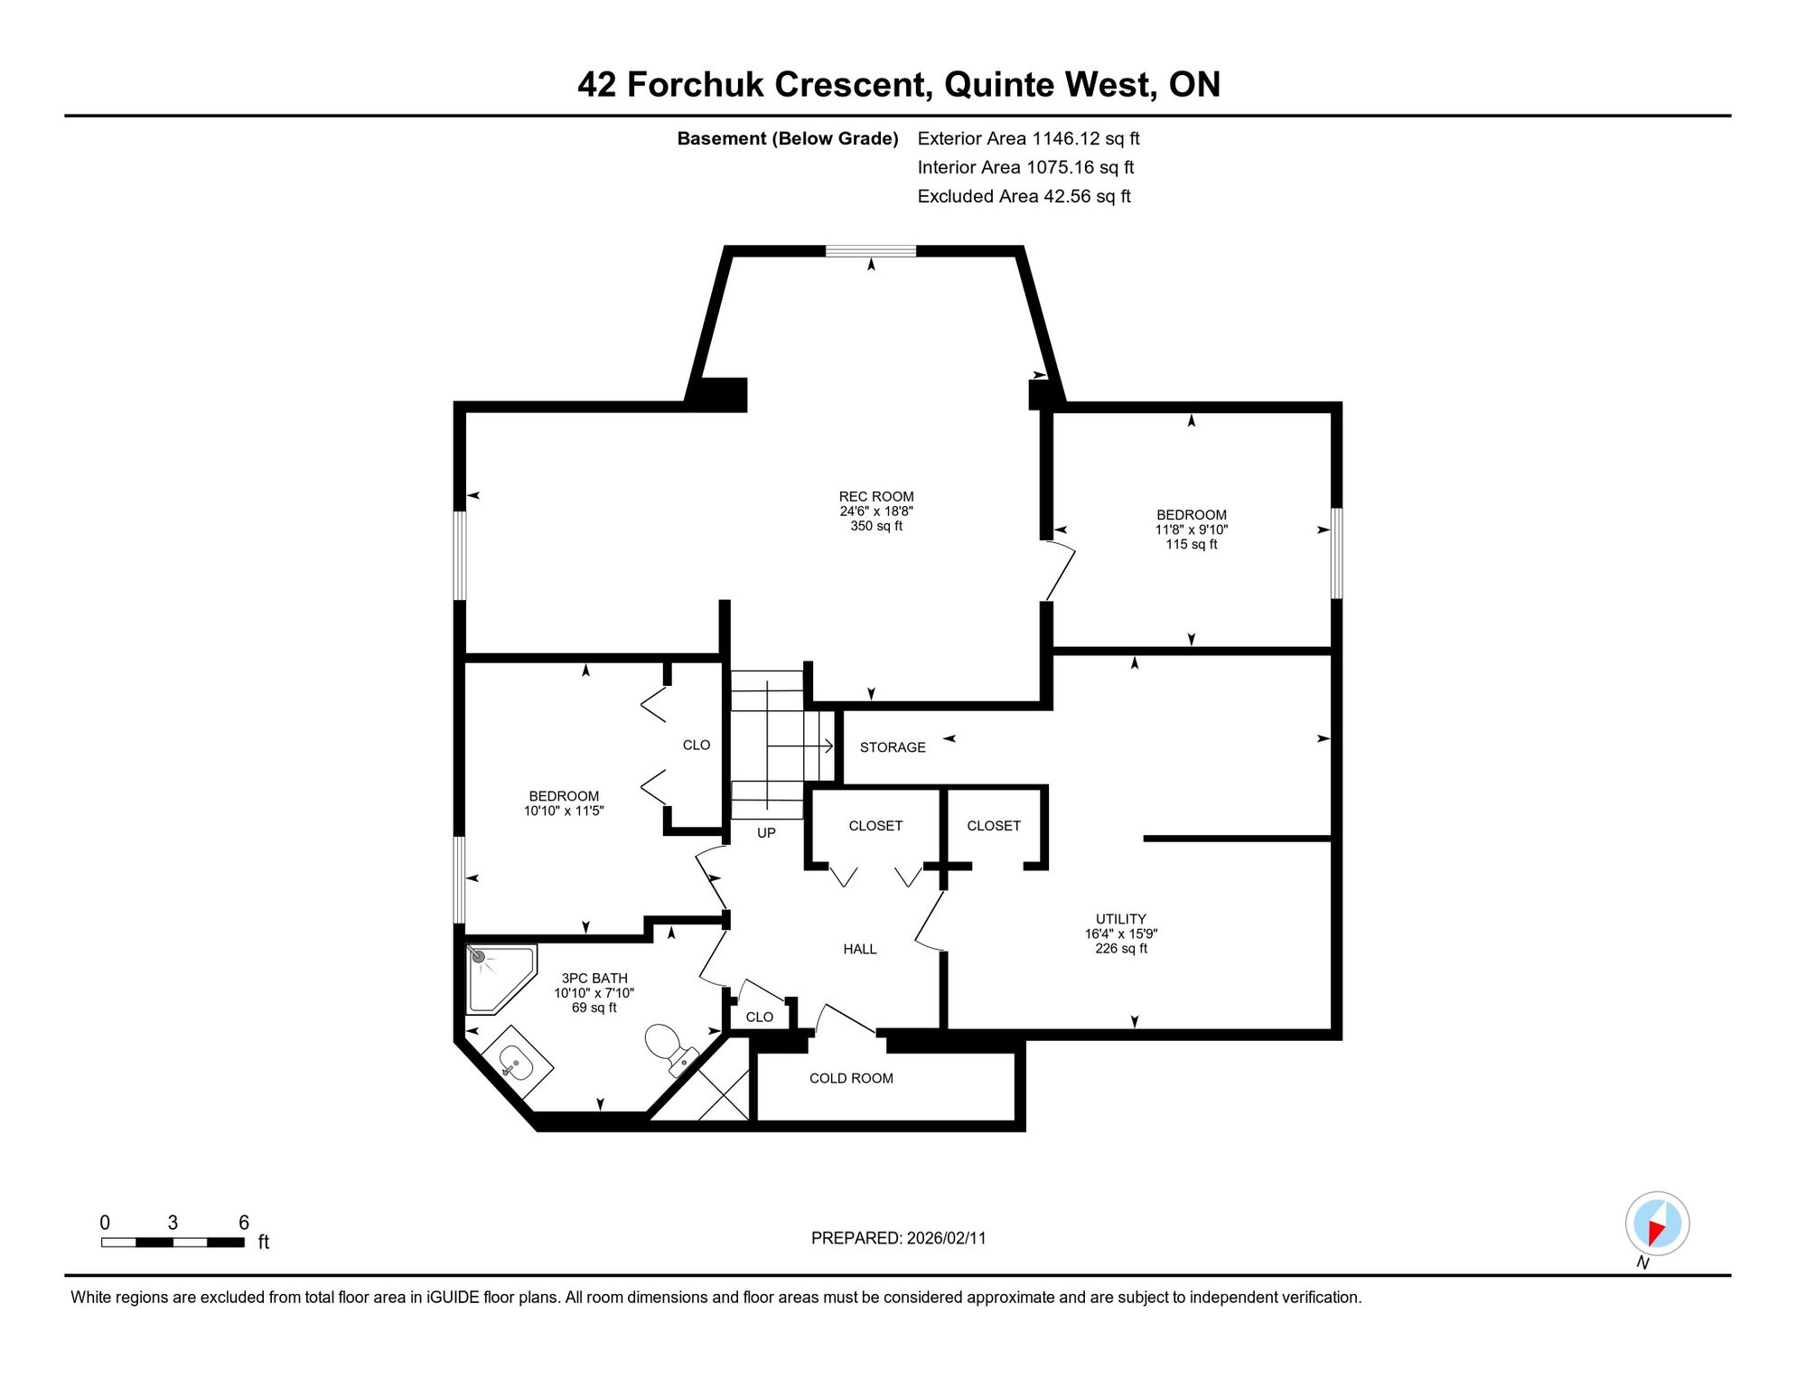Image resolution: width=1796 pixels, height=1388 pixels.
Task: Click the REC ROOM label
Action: point(876,497)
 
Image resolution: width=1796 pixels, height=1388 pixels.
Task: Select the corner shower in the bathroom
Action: point(500,980)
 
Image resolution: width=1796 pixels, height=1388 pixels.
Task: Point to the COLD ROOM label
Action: point(851,1078)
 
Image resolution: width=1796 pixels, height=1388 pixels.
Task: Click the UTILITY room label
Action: point(1121,919)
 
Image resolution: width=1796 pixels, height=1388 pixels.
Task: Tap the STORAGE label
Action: point(893,747)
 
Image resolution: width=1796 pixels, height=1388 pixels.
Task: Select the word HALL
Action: point(860,949)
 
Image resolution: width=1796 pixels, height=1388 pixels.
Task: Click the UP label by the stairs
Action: point(766,833)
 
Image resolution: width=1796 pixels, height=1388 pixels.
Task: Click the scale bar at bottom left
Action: point(173,1243)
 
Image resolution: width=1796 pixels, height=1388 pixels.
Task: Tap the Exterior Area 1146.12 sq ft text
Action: point(1028,138)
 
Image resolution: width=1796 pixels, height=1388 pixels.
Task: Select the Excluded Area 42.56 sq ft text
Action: point(1024,196)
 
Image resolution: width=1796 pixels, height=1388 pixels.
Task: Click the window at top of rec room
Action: point(871,251)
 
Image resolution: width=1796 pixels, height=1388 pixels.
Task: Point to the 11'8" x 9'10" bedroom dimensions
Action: point(1192,530)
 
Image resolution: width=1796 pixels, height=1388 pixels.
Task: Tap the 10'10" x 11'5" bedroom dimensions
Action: point(564,811)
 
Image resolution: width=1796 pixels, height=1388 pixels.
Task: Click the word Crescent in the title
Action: point(852,84)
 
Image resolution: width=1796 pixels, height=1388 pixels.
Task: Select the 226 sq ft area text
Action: point(1121,949)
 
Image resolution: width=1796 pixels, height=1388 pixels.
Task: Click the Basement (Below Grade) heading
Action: point(788,138)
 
